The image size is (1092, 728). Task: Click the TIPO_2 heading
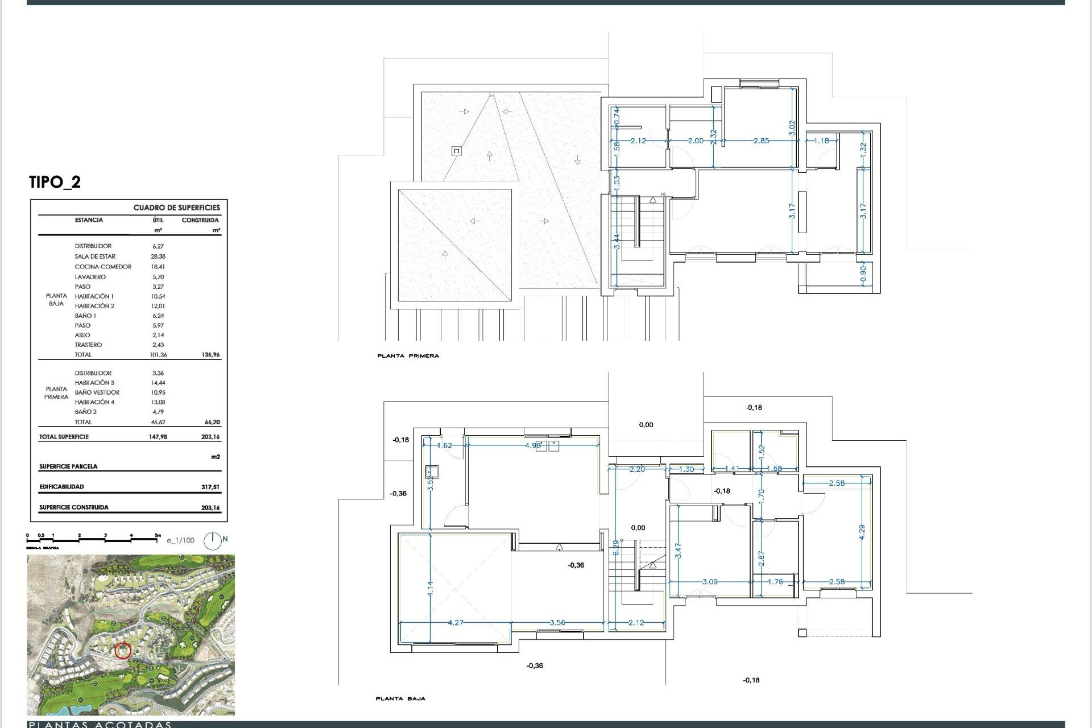point(55,182)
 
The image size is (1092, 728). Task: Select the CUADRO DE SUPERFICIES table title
point(176,208)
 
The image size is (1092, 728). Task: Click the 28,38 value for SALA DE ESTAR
point(155,257)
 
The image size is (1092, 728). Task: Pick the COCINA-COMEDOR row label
point(103,267)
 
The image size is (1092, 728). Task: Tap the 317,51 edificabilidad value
point(210,487)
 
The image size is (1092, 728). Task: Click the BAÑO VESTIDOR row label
point(97,392)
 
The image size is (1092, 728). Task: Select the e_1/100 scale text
point(181,540)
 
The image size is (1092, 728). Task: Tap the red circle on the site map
point(123,651)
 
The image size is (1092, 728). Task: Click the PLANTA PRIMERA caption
point(408,356)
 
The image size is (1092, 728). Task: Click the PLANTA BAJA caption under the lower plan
point(400,698)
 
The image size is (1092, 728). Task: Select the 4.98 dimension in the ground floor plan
point(533,445)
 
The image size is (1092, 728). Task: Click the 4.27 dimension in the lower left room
point(456,623)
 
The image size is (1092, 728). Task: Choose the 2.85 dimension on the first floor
point(761,140)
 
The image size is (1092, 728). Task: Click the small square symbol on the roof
point(456,151)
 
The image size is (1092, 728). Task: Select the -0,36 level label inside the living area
point(576,565)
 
